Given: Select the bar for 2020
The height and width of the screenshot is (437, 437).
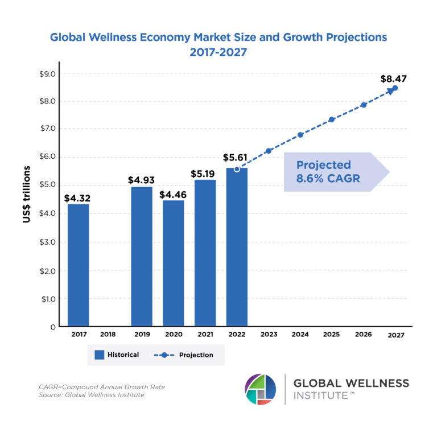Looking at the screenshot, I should (x=173, y=263).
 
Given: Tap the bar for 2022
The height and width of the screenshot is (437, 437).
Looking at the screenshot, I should (x=237, y=247).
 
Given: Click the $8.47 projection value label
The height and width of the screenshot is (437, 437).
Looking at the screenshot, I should (x=394, y=79).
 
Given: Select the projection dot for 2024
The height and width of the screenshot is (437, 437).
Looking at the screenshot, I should (x=300, y=135).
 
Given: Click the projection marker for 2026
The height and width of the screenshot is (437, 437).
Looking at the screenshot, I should (x=364, y=105).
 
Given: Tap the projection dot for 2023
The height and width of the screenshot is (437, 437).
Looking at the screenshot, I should (x=269, y=151).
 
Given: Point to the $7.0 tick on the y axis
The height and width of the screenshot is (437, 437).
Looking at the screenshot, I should (x=47, y=129).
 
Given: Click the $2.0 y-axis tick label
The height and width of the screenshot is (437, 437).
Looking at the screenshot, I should (x=47, y=270).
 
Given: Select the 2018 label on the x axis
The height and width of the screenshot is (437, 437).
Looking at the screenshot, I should (x=110, y=335).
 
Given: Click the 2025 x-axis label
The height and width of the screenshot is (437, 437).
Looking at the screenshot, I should (x=332, y=335).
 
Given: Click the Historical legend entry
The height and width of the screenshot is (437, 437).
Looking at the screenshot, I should (x=117, y=354).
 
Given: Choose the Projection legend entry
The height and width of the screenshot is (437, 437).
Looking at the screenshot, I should (x=183, y=354).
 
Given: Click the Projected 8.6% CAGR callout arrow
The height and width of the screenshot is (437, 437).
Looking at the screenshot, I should (x=336, y=172).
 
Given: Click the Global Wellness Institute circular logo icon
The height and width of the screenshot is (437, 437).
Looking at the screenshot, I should (x=261, y=389).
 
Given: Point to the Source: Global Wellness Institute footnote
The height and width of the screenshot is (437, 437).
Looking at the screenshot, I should (x=91, y=395).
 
